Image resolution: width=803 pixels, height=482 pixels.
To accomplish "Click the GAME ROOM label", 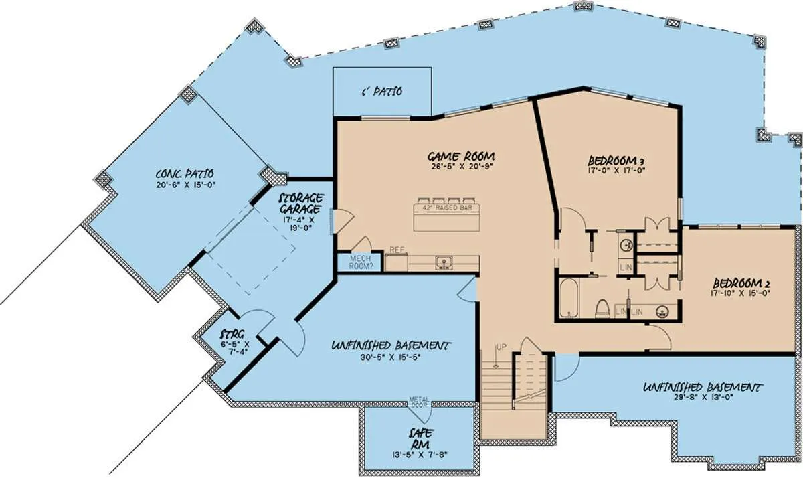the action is pyautogui.click(x=461, y=157).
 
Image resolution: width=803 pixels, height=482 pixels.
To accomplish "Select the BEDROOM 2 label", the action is pyautogui.click(x=741, y=283).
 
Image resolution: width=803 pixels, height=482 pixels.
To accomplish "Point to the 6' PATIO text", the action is pyautogui.click(x=382, y=92).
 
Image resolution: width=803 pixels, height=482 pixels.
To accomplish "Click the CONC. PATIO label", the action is pyautogui.click(x=185, y=174).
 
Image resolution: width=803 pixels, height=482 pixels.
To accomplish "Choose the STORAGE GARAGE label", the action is pyautogui.click(x=301, y=203).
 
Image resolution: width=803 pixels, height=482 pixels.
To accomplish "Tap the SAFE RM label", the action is pyautogui.click(x=420, y=439).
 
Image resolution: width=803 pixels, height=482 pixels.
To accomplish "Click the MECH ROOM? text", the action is pyautogui.click(x=361, y=262).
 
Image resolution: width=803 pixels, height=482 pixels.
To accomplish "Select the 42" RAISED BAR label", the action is pyautogui.click(x=447, y=208).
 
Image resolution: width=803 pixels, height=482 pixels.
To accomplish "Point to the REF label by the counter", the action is pyautogui.click(x=397, y=250).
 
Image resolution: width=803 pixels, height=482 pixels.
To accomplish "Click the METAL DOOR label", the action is pyautogui.click(x=419, y=402).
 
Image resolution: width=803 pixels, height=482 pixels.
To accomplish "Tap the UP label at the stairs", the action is pyautogui.click(x=501, y=347).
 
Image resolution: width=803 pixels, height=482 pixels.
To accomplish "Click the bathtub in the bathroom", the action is pyautogui.click(x=569, y=298).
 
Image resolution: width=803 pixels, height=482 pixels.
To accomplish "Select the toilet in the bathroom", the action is pyautogui.click(x=603, y=309).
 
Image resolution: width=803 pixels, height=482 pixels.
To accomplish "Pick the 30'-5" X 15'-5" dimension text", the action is pyautogui.click(x=390, y=357).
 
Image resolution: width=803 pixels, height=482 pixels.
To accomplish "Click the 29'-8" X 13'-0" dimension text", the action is pyautogui.click(x=703, y=397).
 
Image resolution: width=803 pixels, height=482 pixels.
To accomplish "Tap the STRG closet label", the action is pyautogui.click(x=233, y=335).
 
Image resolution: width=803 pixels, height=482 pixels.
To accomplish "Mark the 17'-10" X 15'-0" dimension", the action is pyautogui.click(x=740, y=293).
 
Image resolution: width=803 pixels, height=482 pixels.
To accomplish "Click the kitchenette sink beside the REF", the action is pyautogui.click(x=444, y=263).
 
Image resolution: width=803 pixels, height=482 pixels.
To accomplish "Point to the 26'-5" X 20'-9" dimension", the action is pyautogui.click(x=461, y=166).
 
